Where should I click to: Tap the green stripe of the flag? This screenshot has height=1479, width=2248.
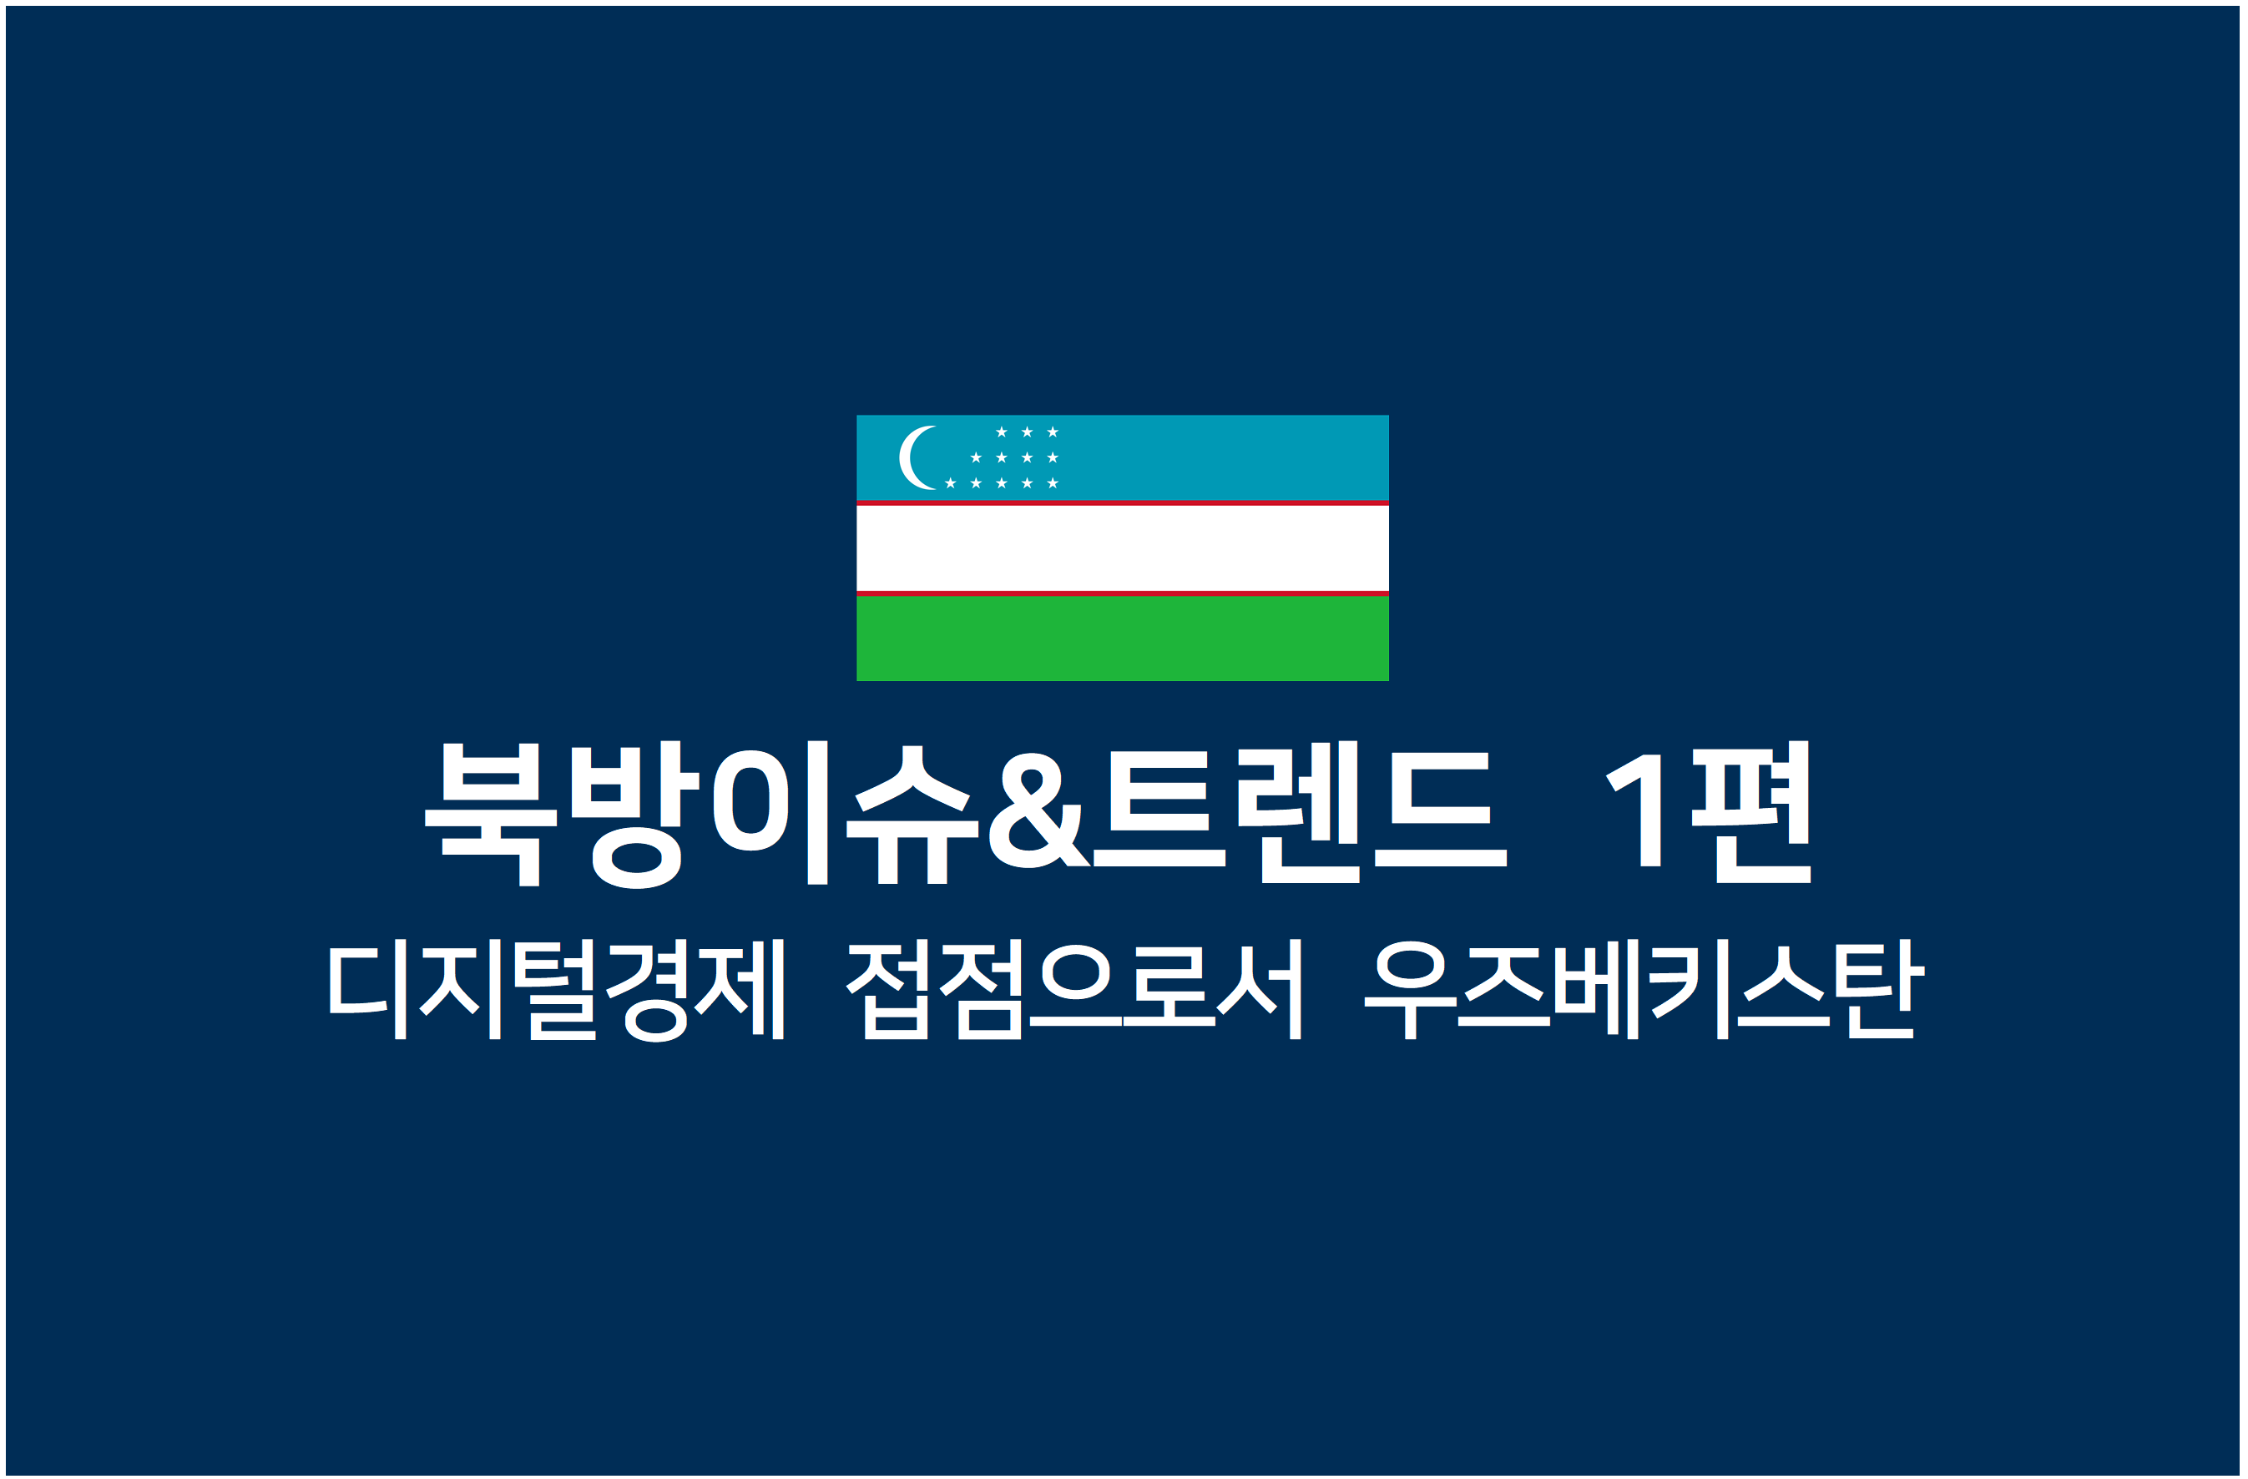(1122, 639)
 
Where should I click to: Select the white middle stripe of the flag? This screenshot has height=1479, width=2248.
(1122, 548)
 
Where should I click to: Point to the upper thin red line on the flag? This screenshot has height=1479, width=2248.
(1122, 503)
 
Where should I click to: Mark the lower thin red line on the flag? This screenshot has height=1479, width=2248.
(1122, 593)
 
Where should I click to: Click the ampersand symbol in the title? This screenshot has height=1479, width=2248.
(1039, 810)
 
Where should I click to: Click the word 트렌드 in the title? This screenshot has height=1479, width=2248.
(1301, 812)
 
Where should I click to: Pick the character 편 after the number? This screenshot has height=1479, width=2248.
(1750, 812)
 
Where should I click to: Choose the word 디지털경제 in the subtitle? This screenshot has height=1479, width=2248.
(556, 989)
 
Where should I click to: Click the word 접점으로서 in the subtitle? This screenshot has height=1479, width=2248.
(1074, 989)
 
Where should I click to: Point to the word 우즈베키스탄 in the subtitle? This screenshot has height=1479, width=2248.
(1644, 989)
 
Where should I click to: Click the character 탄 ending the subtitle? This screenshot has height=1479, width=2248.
(1880, 989)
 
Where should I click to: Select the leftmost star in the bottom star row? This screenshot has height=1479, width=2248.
(950, 483)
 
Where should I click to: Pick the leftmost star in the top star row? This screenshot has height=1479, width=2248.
(1001, 432)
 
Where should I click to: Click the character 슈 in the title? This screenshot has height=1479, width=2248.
(912, 814)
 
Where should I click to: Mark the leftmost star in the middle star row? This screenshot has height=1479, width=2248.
(976, 458)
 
